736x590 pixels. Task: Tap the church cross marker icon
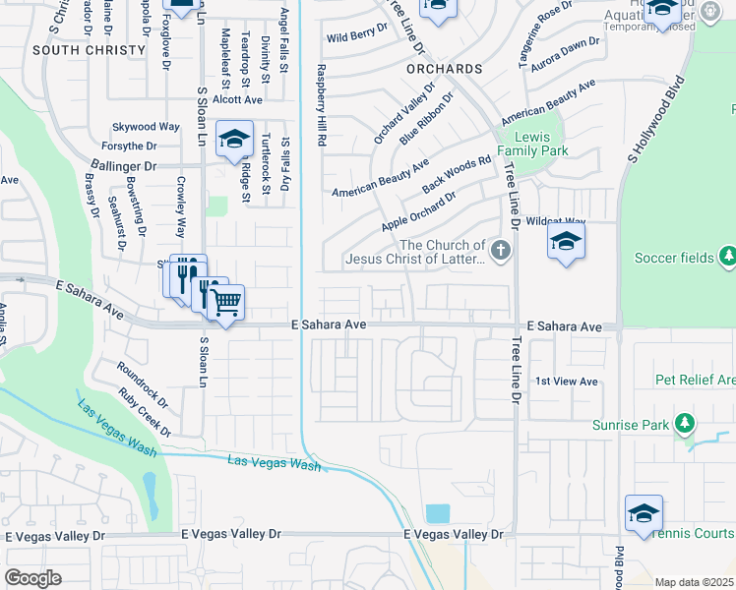501,251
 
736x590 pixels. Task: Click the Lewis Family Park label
532,144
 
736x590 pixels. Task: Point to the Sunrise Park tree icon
685,425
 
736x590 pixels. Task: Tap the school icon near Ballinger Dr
235,140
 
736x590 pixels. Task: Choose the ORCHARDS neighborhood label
444,70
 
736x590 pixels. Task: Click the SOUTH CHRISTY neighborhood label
75,49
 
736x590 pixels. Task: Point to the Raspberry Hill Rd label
321,106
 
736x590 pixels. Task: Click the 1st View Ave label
566,381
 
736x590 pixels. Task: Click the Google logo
32,578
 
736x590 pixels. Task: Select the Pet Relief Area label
695,380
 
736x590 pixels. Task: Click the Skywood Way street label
146,127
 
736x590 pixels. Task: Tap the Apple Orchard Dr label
419,211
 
